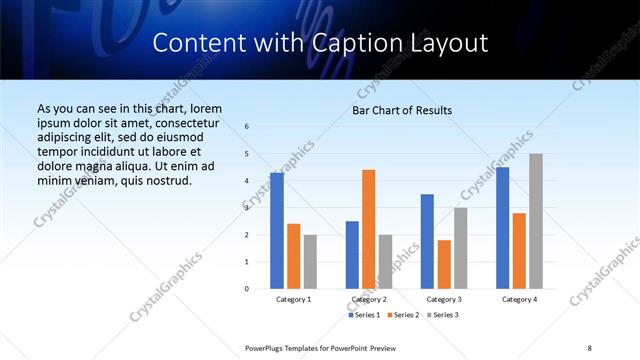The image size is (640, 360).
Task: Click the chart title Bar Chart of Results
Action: pyautogui.click(x=401, y=110)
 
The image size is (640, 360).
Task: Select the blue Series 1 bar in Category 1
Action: pyautogui.click(x=277, y=231)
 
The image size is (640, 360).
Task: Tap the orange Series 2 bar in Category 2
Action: pyautogui.click(x=369, y=229)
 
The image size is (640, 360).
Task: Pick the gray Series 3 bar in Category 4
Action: pyautogui.click(x=536, y=221)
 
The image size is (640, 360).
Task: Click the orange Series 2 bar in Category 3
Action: pyautogui.click(x=444, y=264)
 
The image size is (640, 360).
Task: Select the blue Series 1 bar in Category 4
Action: pyautogui.click(x=503, y=228)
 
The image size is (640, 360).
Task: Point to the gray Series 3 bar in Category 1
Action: pyautogui.click(x=310, y=262)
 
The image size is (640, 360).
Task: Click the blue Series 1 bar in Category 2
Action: pyautogui.click(x=352, y=255)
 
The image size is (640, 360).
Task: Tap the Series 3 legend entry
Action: pyautogui.click(x=443, y=315)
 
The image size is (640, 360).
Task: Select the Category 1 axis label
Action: pyautogui.click(x=293, y=299)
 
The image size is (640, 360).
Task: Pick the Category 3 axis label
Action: pyautogui.click(x=444, y=299)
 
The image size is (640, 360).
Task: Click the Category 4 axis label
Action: pyautogui.click(x=519, y=299)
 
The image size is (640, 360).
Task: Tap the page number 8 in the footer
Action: pyautogui.click(x=589, y=347)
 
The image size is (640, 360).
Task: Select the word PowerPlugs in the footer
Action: pyautogui.click(x=268, y=347)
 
